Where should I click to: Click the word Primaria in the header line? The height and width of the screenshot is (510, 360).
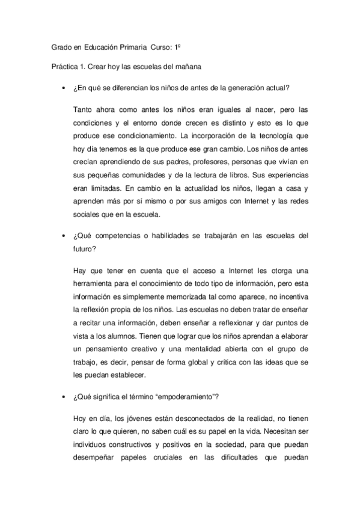[140, 46]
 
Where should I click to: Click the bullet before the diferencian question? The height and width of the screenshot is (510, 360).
[63, 88]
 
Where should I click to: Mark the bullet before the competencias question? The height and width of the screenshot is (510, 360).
[63, 235]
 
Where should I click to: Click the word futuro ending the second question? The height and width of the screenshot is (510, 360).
[84, 247]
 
